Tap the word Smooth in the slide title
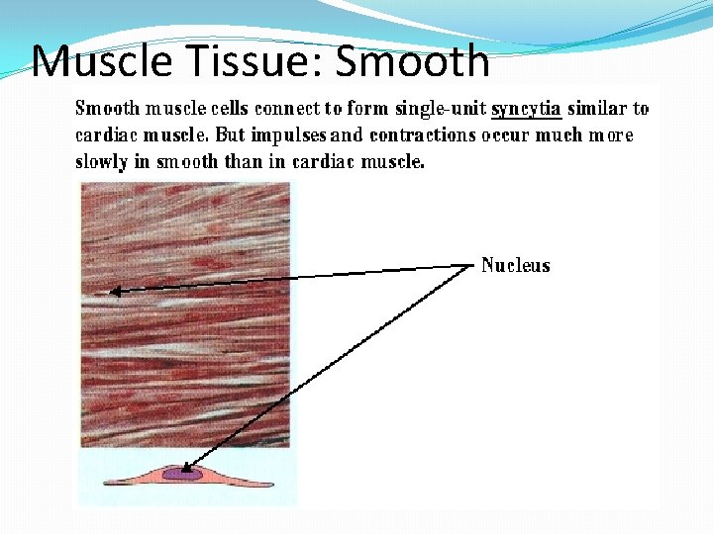click(x=413, y=61)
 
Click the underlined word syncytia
click(x=526, y=109)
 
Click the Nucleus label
click(x=515, y=265)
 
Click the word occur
click(x=505, y=135)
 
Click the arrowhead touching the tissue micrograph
click(x=114, y=291)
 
